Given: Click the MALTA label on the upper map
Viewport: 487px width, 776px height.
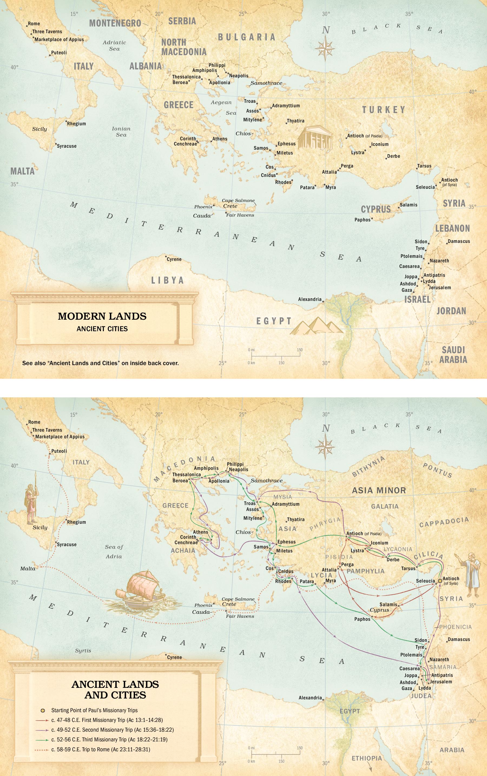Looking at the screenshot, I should click(22, 171).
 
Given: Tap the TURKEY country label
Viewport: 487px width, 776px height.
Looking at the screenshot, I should click(384, 110).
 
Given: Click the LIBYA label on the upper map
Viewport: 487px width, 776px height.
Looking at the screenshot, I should click(167, 280).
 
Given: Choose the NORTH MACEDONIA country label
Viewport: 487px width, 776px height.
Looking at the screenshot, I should click(184, 47).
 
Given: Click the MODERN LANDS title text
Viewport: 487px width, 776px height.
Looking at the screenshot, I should click(102, 316).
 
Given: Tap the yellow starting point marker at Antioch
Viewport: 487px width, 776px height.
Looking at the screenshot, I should click(440, 581).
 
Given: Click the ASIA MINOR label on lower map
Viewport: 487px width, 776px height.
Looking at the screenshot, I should click(379, 490).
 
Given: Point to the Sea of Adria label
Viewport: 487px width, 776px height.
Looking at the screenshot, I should click(114, 551).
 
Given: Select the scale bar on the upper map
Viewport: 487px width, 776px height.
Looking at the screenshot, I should click(276, 356).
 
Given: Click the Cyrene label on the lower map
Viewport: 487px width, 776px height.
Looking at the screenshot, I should click(174, 657).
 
